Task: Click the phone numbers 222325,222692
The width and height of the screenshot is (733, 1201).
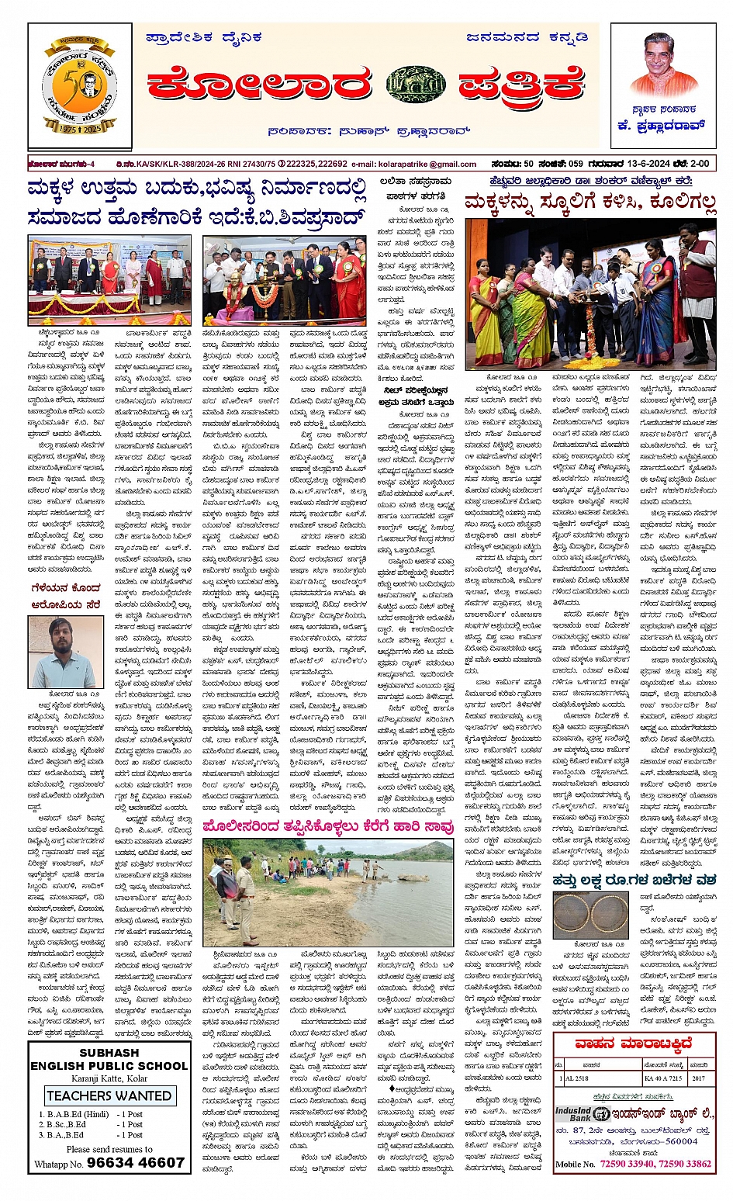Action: click(316, 164)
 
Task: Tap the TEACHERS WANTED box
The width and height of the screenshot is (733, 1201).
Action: click(109, 1095)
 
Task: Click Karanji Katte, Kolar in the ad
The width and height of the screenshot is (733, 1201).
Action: click(109, 1079)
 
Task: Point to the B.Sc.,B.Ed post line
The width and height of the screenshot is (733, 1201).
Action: click(90, 1124)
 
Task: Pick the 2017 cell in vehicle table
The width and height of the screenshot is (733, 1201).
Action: click(700, 1079)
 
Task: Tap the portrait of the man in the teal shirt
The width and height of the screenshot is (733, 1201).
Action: click(65, 652)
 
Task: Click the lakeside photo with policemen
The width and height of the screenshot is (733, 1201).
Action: click(328, 892)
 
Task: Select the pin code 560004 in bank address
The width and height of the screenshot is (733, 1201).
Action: click(682, 1141)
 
